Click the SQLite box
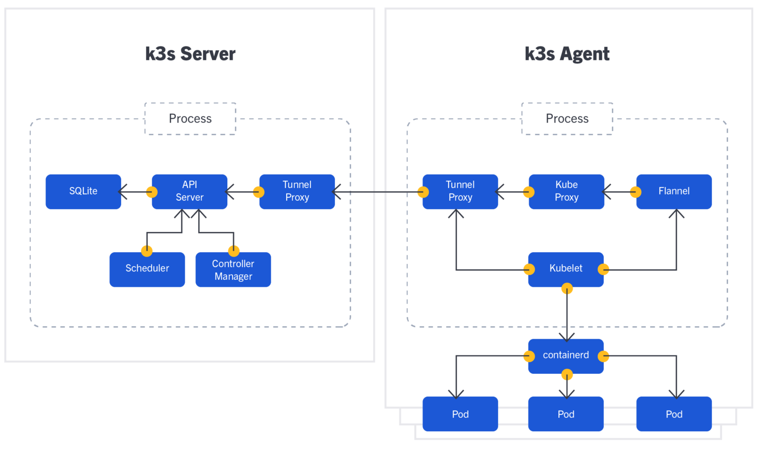pyautogui.click(x=83, y=191)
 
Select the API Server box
pyautogui.click(x=189, y=191)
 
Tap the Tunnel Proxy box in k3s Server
pyautogui.click(x=297, y=191)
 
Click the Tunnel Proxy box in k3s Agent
pyautogui.click(x=460, y=191)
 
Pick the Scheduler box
pyautogui.click(x=147, y=269)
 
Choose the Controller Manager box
pyautogui.click(x=233, y=270)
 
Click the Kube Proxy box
pyautogui.click(x=566, y=191)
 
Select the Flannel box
pyautogui.click(x=674, y=191)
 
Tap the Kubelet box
pyautogui.click(x=566, y=269)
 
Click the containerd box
pyautogui.click(x=566, y=356)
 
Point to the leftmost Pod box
pyautogui.click(x=460, y=414)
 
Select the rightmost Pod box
pyautogui.click(x=674, y=414)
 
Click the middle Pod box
pyautogui.click(x=566, y=414)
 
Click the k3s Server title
pyautogui.click(x=190, y=53)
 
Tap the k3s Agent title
pyautogui.click(x=567, y=53)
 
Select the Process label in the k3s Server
pyautogui.click(x=190, y=119)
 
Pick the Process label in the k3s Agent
pyautogui.click(x=567, y=119)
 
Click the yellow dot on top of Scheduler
pyautogui.click(x=147, y=251)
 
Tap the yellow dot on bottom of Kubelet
pyautogui.click(x=567, y=289)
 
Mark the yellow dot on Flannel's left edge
pyautogui.click(x=635, y=192)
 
